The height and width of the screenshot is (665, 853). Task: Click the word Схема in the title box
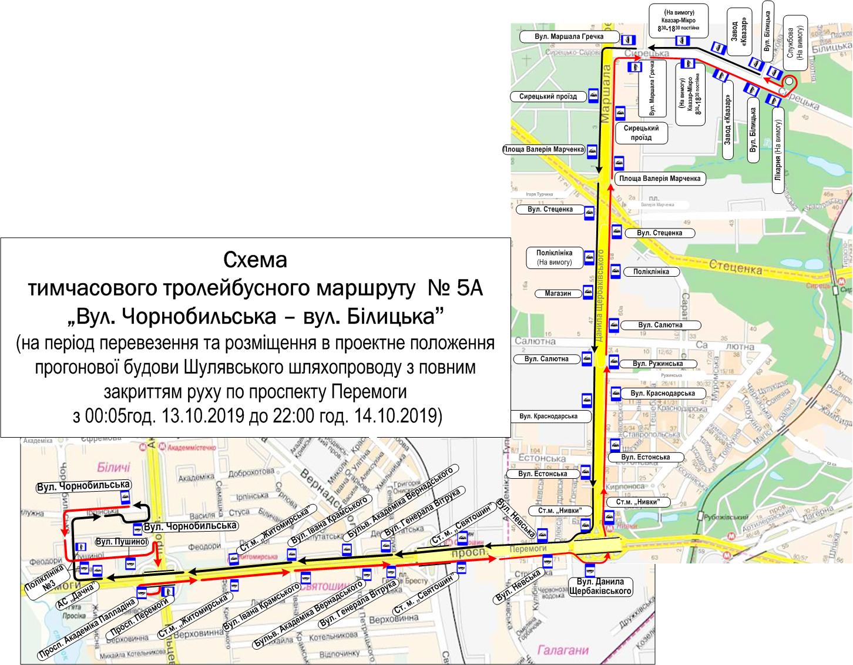pyautogui.click(x=255, y=259)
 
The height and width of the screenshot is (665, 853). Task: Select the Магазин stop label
pyautogui.click(x=558, y=293)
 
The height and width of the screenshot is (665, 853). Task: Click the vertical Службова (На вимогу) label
pyautogui.click(x=794, y=41)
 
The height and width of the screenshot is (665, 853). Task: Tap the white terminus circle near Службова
pyautogui.click(x=789, y=82)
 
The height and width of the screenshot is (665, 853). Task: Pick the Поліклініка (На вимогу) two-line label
pyautogui.click(x=554, y=257)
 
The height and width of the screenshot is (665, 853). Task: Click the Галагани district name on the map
pyautogui.click(x=562, y=650)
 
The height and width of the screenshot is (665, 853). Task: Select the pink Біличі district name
pyautogui.click(x=110, y=468)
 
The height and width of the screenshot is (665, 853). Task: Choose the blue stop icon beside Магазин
pyautogui.click(x=587, y=293)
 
